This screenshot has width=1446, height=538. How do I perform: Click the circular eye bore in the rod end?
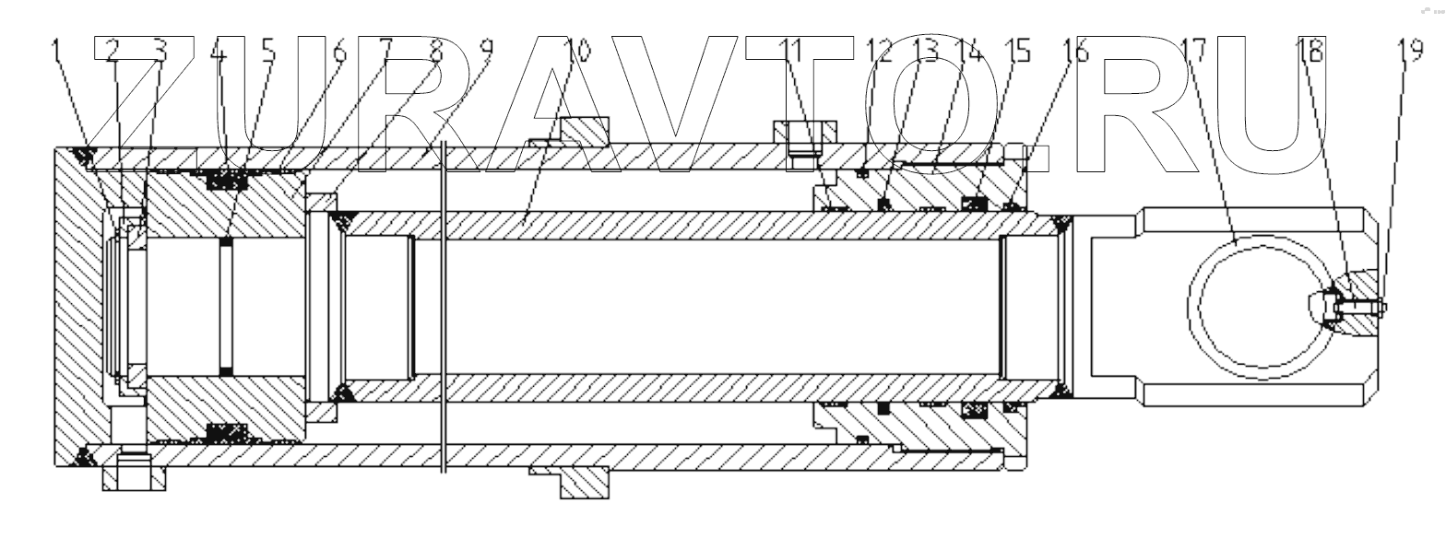pos(1259,307)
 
